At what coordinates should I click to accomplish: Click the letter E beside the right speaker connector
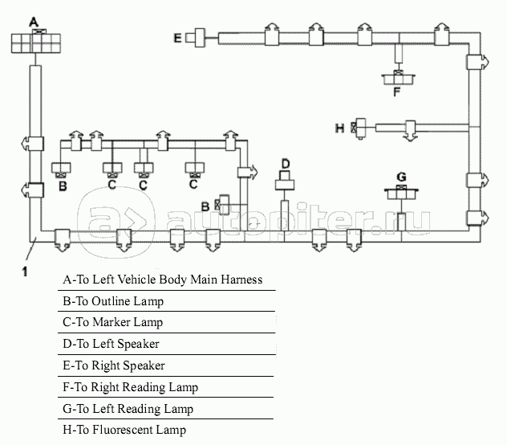click(178, 37)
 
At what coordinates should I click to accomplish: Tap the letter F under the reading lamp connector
click(396, 92)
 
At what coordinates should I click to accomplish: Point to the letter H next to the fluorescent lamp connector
click(340, 128)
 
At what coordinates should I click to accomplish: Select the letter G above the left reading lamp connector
click(401, 176)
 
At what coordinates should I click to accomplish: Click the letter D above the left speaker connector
click(285, 165)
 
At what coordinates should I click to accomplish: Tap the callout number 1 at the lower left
click(25, 271)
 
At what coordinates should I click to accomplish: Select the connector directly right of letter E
click(196, 37)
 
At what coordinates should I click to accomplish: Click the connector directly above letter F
click(396, 77)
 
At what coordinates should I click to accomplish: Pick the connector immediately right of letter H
click(359, 127)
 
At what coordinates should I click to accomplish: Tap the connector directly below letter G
click(401, 192)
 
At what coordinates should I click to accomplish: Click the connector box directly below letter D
click(285, 185)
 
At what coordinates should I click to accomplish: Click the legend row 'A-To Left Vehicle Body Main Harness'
click(163, 280)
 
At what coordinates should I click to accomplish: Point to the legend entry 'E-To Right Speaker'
click(113, 365)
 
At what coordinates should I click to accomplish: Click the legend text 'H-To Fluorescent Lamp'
click(124, 430)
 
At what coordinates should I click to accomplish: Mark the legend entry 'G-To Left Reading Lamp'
click(128, 409)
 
